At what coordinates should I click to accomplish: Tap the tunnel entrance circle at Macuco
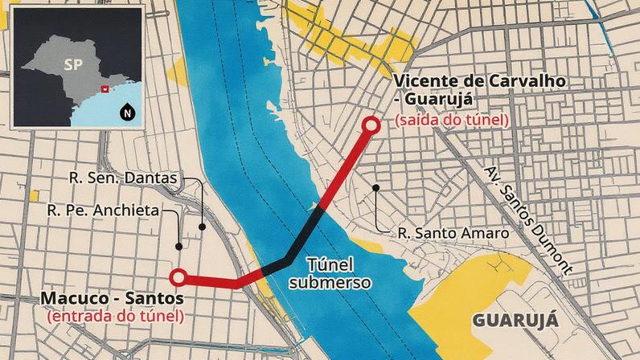[179, 278]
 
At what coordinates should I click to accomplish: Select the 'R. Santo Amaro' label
[453, 234]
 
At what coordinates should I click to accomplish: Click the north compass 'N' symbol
[126, 112]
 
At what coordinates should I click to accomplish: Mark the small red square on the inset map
[102, 88]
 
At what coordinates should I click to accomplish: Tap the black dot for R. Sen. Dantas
[202, 227]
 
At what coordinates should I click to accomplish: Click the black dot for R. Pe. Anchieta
[179, 246]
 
